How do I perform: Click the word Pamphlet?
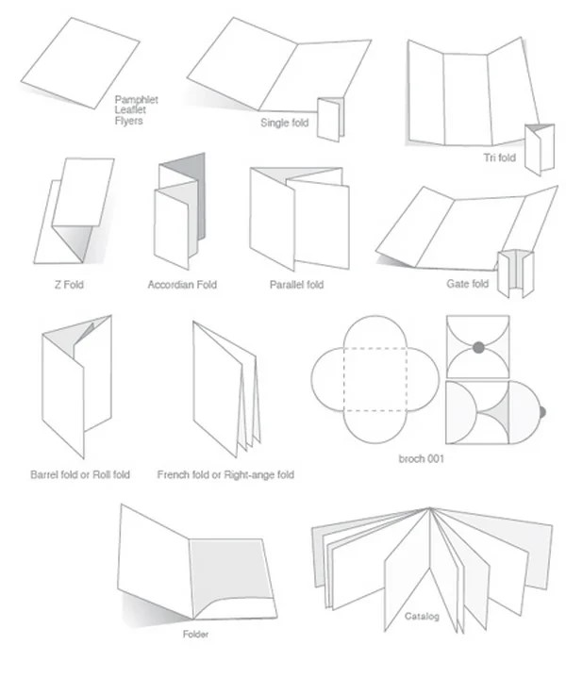[x=136, y=100]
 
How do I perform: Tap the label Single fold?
[x=284, y=123]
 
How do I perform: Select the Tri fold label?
[x=499, y=157]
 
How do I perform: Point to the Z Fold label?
[x=69, y=285]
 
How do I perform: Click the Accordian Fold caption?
[x=182, y=285]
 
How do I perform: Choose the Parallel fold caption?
[x=296, y=285]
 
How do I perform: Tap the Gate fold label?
[x=467, y=284]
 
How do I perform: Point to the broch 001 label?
[x=421, y=459]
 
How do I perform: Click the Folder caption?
[x=195, y=635]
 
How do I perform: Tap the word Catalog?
[x=422, y=616]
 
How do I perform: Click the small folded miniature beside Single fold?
[x=330, y=119]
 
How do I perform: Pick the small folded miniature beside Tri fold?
[x=540, y=149]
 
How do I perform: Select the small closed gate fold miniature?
[x=515, y=273]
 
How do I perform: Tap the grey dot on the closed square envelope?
[x=478, y=347]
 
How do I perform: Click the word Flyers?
[x=128, y=121]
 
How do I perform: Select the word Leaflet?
[x=130, y=109]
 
